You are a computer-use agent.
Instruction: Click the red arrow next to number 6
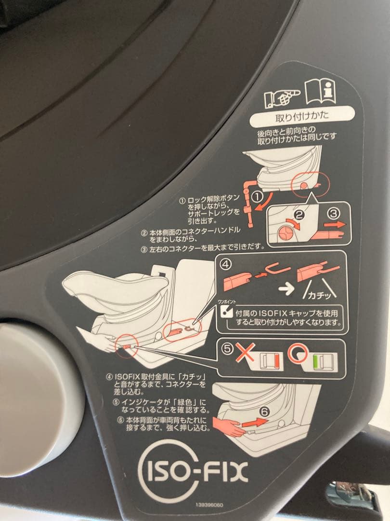254,423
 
